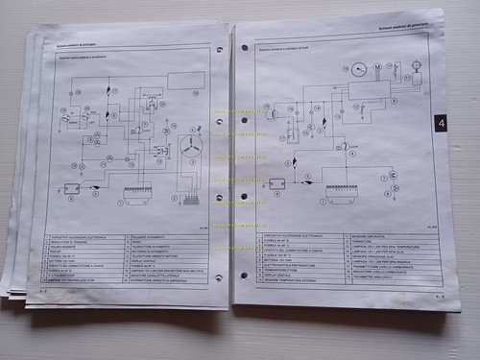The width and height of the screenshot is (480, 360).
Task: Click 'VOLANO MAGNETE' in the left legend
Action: coord(67,249)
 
